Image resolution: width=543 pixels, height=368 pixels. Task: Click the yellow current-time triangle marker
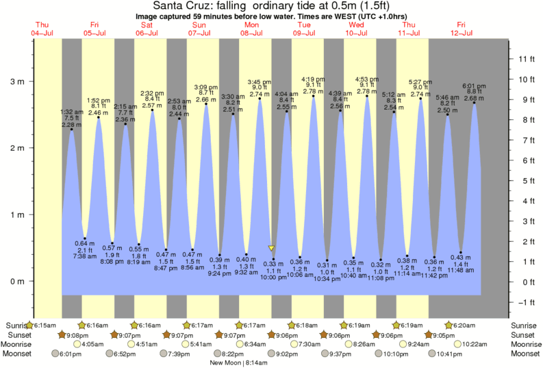(x=272, y=248)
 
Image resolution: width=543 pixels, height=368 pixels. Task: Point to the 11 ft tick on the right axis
(x=526, y=59)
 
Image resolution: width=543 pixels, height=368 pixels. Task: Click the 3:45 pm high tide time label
(x=260, y=80)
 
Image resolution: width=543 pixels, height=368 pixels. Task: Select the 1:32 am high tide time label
(x=71, y=112)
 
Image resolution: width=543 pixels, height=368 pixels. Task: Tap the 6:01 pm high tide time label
(x=474, y=86)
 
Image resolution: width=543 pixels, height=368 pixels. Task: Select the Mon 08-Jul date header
(x=251, y=29)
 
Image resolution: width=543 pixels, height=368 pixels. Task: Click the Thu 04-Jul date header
(x=42, y=29)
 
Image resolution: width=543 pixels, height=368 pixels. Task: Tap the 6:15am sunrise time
(x=44, y=324)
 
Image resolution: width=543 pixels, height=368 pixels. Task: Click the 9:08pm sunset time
(x=79, y=334)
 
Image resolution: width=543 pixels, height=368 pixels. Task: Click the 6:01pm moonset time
(x=71, y=354)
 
